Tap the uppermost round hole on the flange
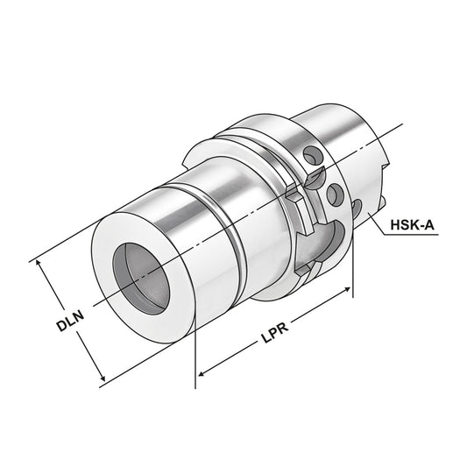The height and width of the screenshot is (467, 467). coord(308,157)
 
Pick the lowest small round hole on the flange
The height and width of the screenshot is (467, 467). coord(356,207)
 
